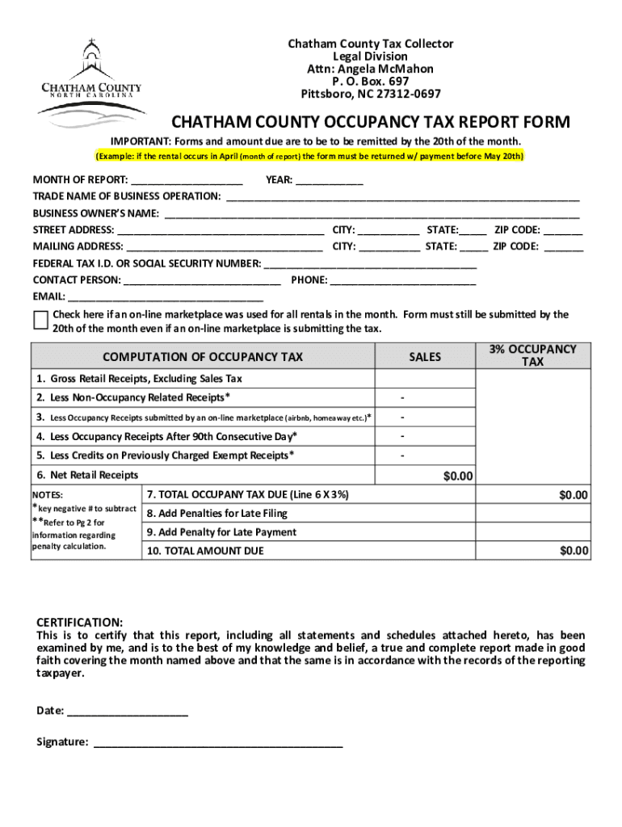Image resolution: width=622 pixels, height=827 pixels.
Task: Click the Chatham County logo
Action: [x=91, y=83]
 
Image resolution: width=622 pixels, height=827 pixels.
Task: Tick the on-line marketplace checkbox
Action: [x=40, y=320]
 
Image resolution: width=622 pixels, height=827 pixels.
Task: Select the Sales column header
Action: [x=425, y=356]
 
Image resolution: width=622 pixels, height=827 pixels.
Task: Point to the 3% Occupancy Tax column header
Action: [x=532, y=355]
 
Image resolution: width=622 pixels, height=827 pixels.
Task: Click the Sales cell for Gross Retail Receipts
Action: [x=425, y=379]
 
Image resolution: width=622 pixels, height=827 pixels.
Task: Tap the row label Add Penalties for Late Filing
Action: [x=217, y=514]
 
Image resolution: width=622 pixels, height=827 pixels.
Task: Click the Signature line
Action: [x=218, y=742]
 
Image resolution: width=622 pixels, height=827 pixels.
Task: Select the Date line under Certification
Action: [x=128, y=711]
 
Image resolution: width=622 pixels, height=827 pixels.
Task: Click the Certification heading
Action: [x=80, y=623]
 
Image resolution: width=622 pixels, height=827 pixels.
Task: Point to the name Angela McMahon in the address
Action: [x=370, y=69]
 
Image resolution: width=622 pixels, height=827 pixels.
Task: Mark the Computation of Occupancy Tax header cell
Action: [x=203, y=356]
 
